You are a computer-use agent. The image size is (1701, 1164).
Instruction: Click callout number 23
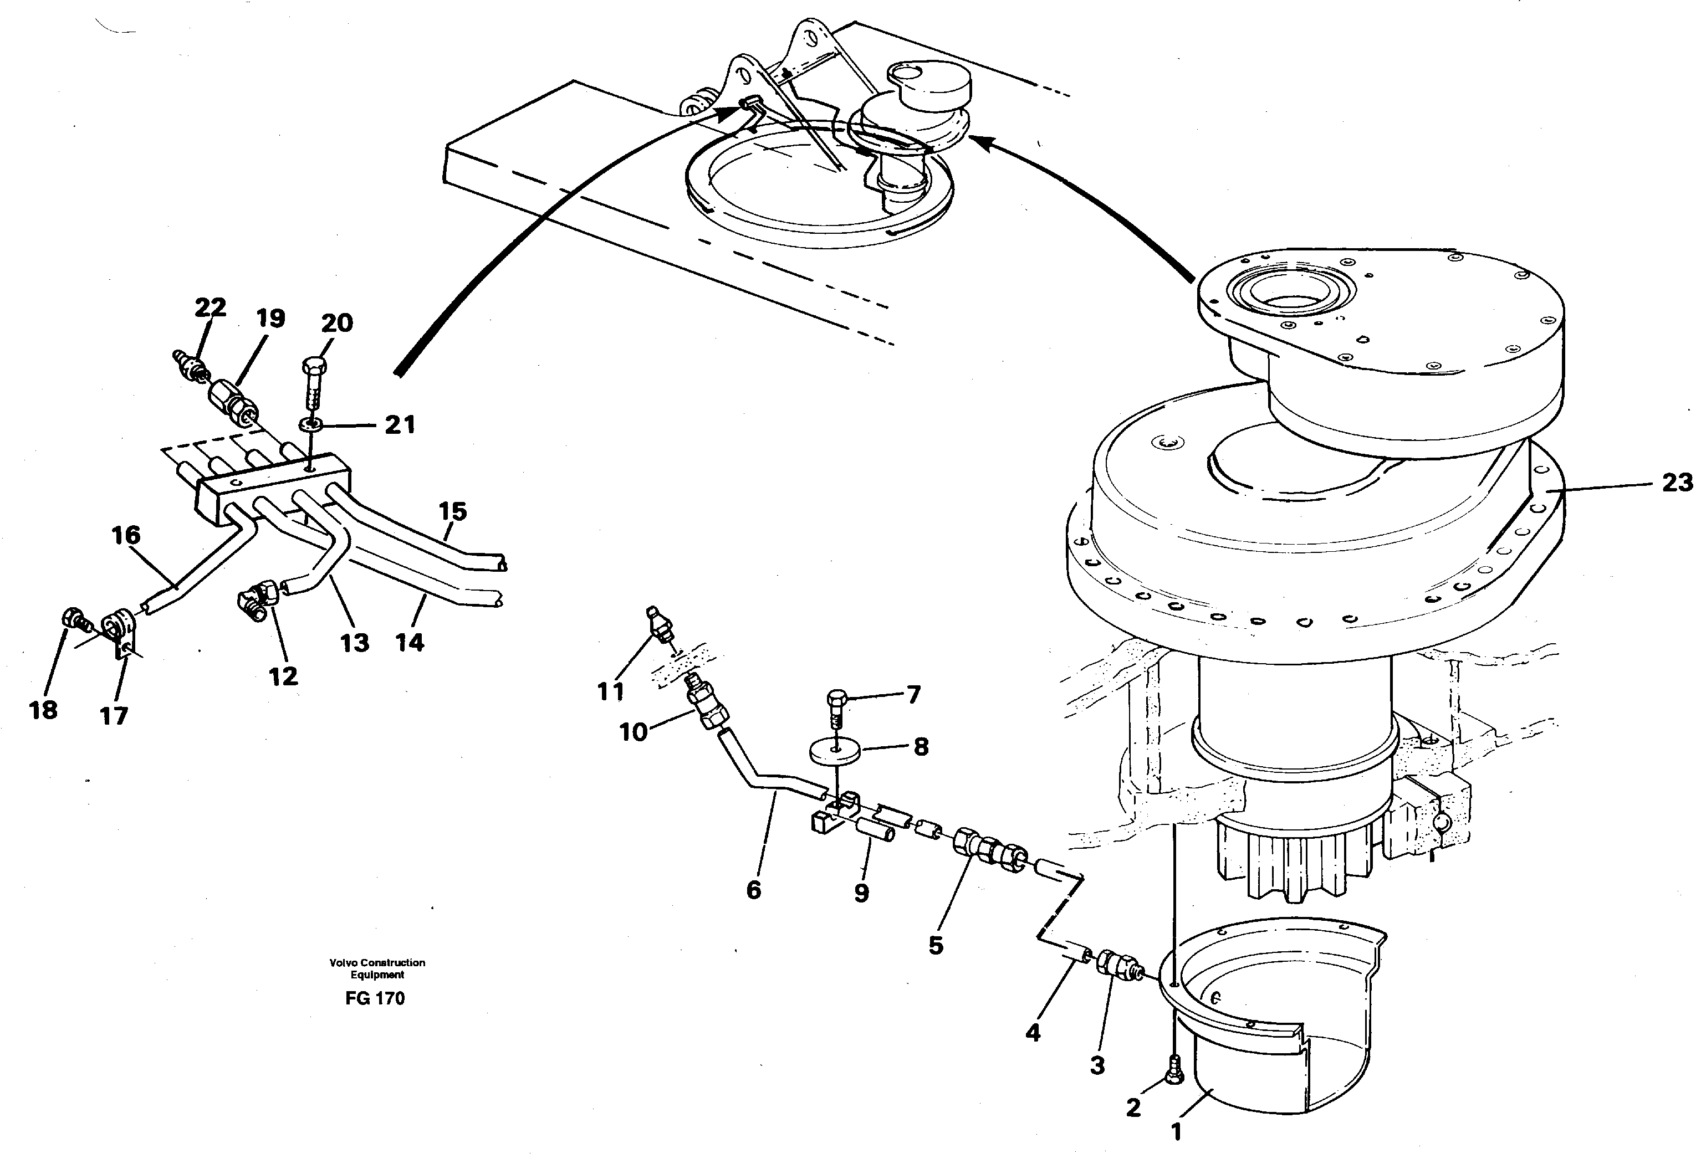(1677, 483)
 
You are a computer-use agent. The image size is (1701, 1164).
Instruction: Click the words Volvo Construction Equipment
(377, 968)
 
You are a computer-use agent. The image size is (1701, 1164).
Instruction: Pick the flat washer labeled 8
(834, 751)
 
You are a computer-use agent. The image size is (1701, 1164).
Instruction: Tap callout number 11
(610, 691)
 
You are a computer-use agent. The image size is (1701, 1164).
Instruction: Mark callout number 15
(452, 511)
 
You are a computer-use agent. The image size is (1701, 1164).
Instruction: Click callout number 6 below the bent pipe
(753, 890)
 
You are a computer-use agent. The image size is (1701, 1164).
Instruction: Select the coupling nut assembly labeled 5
(988, 851)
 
